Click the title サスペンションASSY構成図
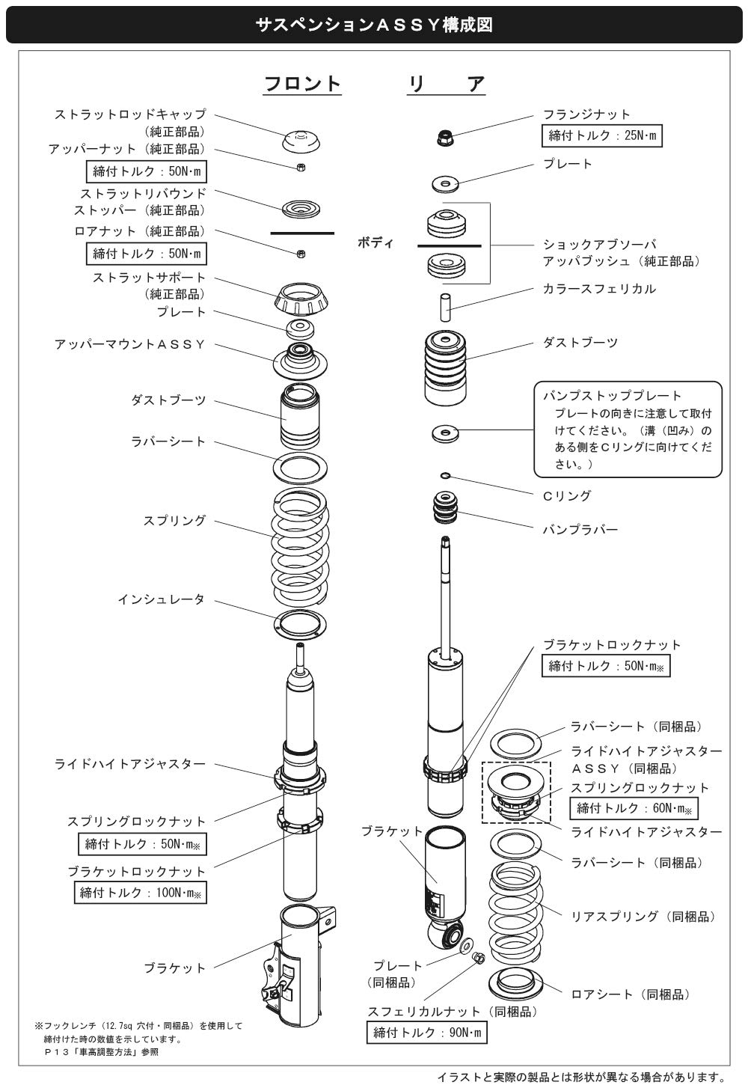(373, 25)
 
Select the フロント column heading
(302, 83)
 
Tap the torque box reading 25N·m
(601, 135)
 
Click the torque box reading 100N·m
(141, 892)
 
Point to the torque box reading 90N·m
(427, 1033)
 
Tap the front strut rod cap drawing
(301, 139)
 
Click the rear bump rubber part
(447, 509)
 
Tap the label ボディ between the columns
(375, 243)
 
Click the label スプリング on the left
(174, 520)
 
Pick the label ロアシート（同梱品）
(630, 994)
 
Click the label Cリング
(566, 495)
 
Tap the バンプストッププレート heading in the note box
(612, 395)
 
